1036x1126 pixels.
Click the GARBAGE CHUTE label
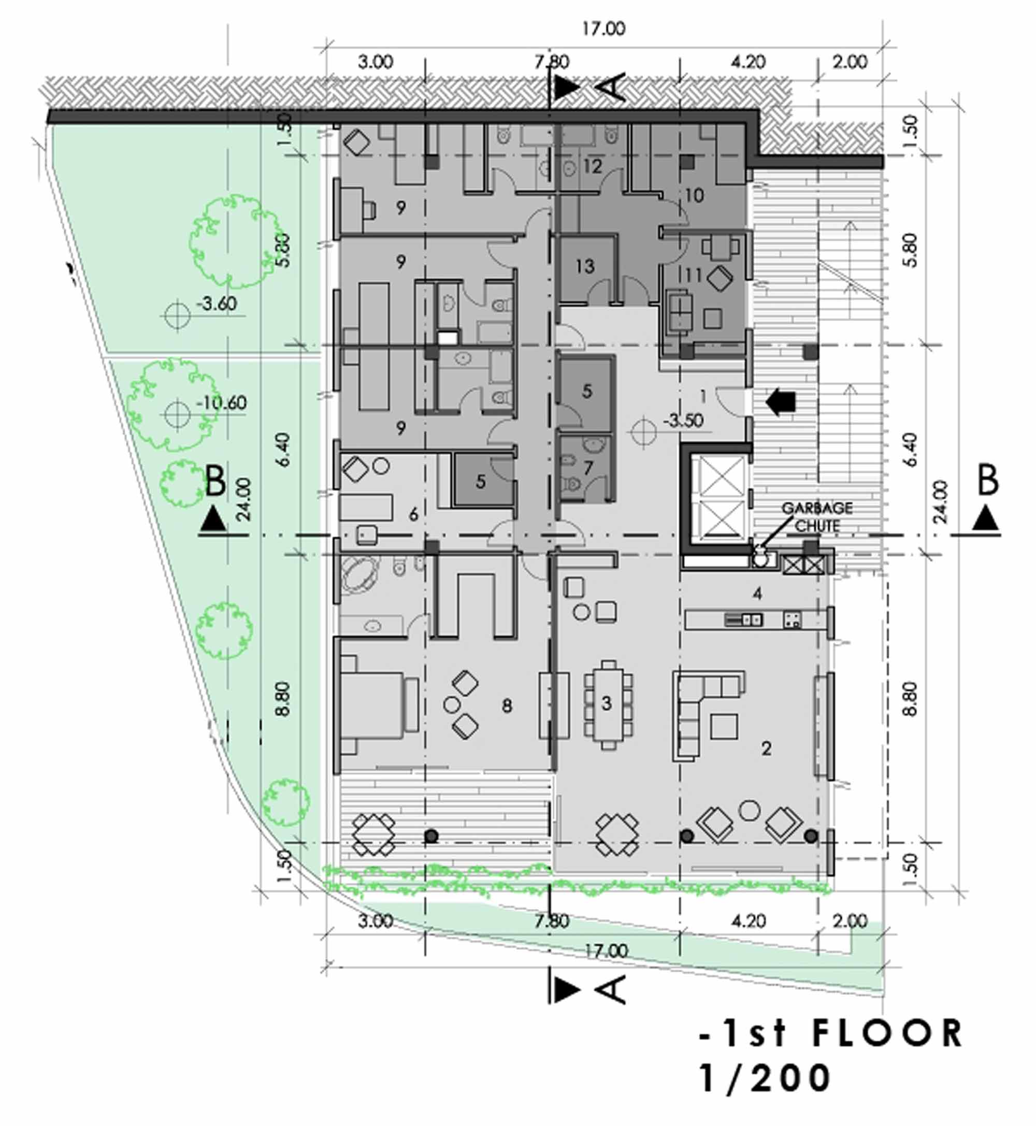[x=817, y=516]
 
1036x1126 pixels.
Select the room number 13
[x=585, y=266]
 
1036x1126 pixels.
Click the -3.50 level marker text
[x=683, y=421]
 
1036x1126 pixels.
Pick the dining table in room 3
[x=608, y=704]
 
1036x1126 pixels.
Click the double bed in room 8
[x=379, y=704]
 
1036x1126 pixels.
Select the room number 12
[x=593, y=166]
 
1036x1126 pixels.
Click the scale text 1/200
[x=766, y=1078]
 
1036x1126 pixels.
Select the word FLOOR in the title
[x=887, y=1033]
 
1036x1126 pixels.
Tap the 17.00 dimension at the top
[x=603, y=28]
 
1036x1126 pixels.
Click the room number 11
[x=694, y=275]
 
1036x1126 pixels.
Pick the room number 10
[x=694, y=195]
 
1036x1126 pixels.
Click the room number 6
[x=414, y=514]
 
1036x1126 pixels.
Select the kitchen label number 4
[x=757, y=594]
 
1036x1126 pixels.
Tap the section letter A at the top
[x=615, y=86]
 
